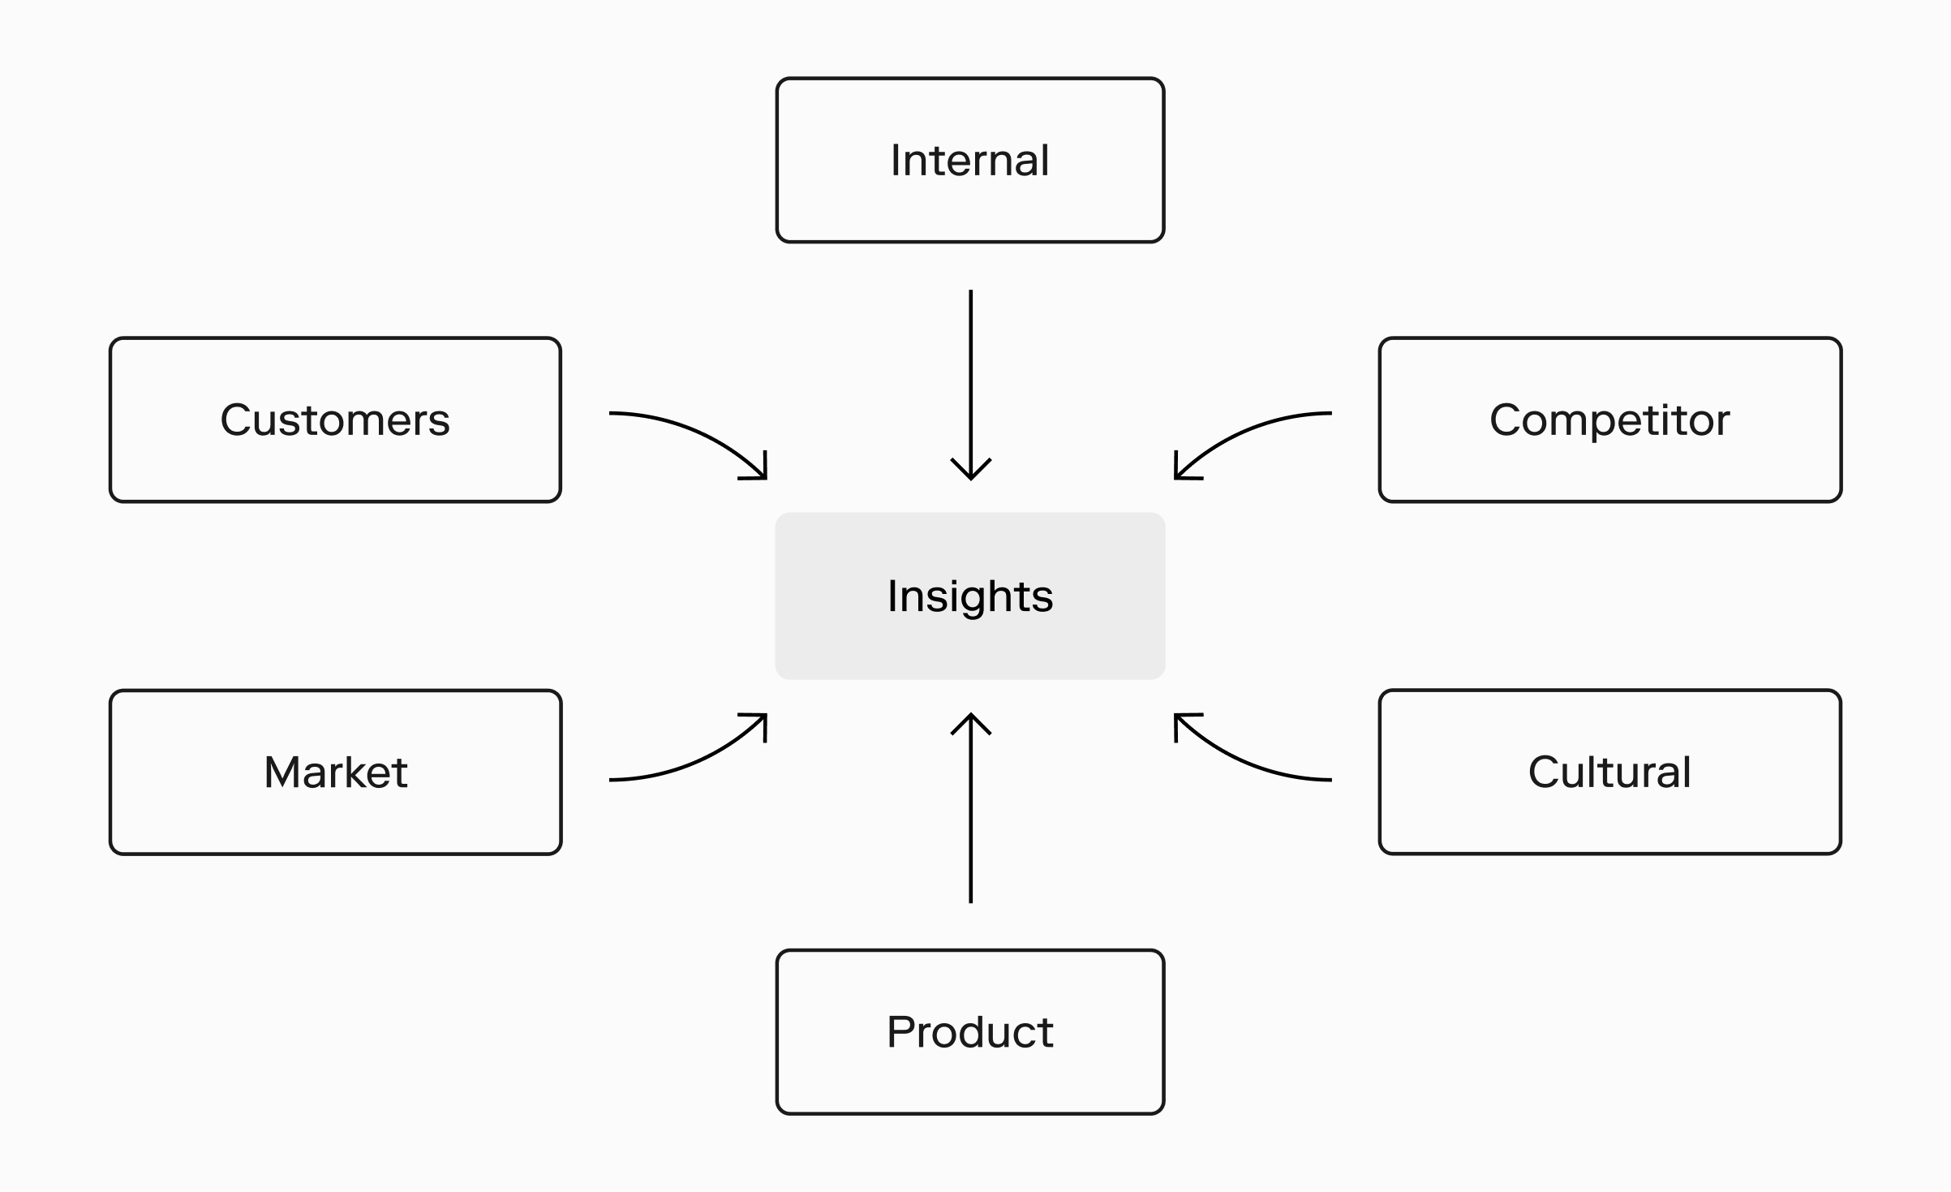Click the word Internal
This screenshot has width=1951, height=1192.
(969, 160)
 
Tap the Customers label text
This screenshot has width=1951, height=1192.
(335, 420)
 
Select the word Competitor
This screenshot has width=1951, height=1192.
(1609, 420)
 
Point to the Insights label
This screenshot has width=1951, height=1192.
(970, 596)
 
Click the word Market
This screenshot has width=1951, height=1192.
(336, 772)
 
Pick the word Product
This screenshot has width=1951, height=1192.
(970, 1032)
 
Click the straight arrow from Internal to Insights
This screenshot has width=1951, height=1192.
(971, 385)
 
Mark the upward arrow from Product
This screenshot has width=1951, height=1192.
(971, 808)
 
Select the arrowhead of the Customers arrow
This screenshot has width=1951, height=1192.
(758, 471)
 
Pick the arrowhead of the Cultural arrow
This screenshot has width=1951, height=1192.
(1184, 722)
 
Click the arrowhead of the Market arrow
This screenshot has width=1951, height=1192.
(758, 722)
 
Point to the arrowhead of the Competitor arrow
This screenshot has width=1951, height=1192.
(1184, 471)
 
